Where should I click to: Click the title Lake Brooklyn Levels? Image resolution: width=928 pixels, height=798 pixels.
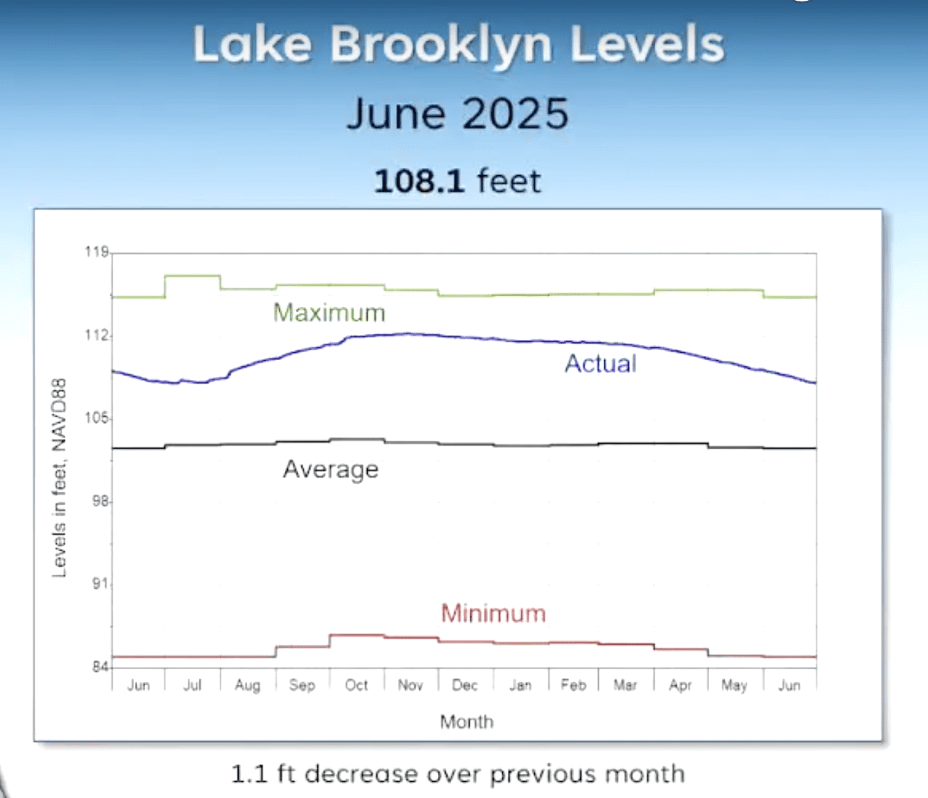pos(458,45)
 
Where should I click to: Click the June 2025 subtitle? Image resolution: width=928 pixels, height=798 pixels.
pos(458,113)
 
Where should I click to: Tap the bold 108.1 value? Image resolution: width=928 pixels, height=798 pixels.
pos(419,181)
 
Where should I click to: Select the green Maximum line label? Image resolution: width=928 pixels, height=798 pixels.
pos(329,313)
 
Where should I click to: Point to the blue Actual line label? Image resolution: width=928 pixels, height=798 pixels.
pos(601,364)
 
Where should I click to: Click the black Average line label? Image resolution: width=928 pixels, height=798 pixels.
pos(331,469)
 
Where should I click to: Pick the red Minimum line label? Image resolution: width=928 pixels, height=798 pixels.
pos(493,613)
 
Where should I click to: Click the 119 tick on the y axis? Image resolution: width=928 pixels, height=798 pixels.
pos(97,252)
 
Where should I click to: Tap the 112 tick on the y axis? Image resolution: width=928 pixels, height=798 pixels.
pos(97,335)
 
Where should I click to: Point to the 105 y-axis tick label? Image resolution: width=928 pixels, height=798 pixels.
pos(97,418)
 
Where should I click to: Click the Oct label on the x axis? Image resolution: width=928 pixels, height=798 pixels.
pos(356,685)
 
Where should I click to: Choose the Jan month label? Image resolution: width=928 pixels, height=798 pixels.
pos(520,685)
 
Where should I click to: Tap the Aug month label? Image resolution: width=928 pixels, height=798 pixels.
pos(247,685)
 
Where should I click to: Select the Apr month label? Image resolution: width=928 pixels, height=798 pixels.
pos(680,685)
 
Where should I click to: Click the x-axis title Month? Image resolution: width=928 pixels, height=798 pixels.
pos(466,721)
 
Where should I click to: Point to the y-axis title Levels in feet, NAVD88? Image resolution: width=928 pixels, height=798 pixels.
pos(60,478)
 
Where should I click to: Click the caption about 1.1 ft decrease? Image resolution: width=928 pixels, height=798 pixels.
pos(458,774)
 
